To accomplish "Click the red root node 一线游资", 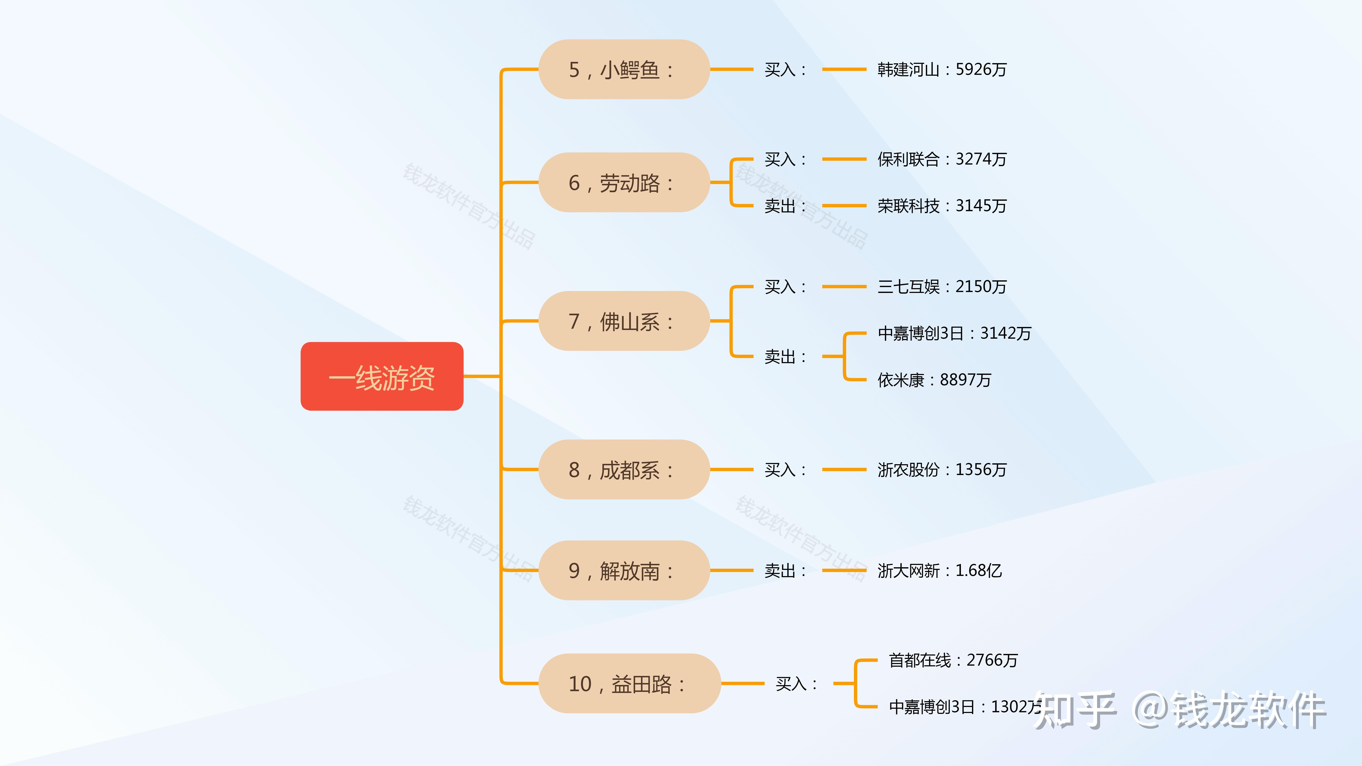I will pyautogui.click(x=382, y=376).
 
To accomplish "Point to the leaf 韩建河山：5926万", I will pyautogui.click(x=942, y=69).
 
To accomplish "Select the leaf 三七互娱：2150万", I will pyautogui.click(x=942, y=287).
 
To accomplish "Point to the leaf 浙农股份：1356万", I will pyautogui.click(x=942, y=469).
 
